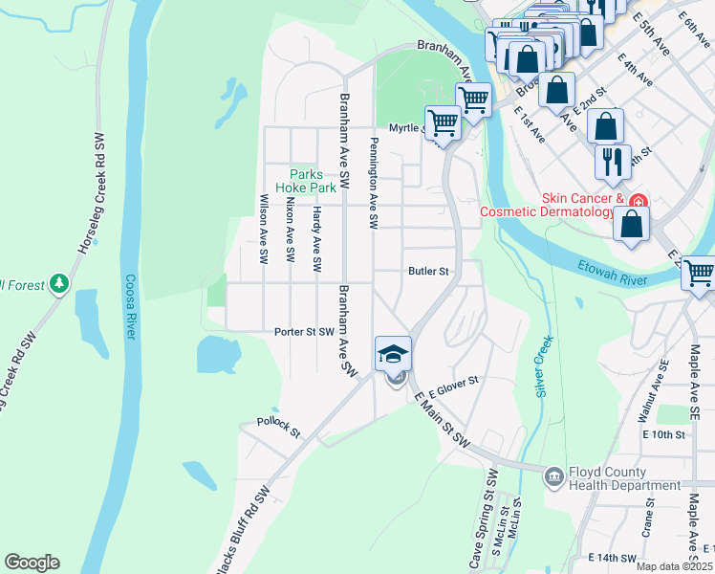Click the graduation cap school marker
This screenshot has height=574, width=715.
click(x=393, y=355)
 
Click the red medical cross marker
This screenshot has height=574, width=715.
click(x=638, y=201)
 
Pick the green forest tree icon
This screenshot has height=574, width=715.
click(x=59, y=283)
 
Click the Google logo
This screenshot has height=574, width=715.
click(x=32, y=563)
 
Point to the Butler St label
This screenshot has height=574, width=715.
click(x=428, y=272)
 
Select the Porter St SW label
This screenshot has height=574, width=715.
click(x=304, y=332)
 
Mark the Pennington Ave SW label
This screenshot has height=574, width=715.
click(x=374, y=182)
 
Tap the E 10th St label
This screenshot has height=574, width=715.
click(x=665, y=434)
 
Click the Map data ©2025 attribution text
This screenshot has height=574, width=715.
click(x=674, y=566)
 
